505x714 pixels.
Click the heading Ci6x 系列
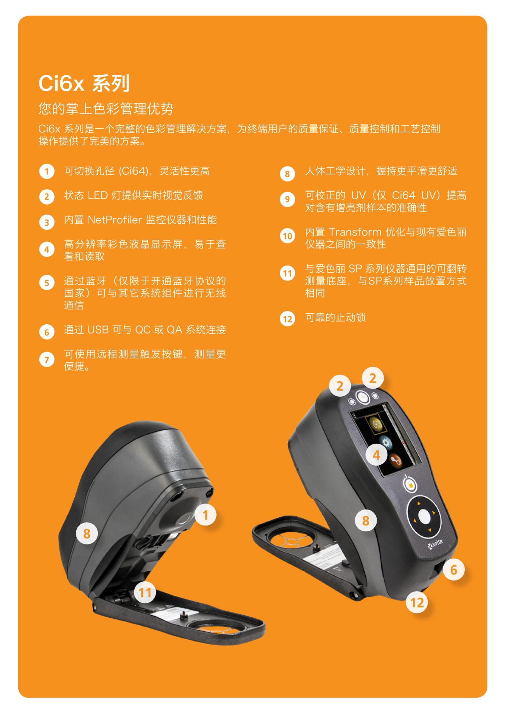(x=84, y=83)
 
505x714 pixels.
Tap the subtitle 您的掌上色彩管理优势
(x=106, y=109)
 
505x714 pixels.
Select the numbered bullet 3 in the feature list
(x=47, y=222)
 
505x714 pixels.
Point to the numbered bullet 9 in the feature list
(x=287, y=199)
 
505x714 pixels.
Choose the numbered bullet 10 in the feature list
(x=287, y=236)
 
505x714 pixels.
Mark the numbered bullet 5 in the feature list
(x=47, y=283)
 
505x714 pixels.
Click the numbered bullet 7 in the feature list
(x=47, y=360)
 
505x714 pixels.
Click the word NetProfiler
(x=115, y=220)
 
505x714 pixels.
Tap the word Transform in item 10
(x=355, y=232)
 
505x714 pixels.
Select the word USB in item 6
(x=98, y=330)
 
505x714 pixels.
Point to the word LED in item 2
(x=98, y=195)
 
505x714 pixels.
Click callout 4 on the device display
(x=376, y=455)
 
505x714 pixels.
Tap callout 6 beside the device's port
(x=453, y=569)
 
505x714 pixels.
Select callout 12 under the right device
(x=417, y=602)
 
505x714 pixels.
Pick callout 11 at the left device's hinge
(x=145, y=592)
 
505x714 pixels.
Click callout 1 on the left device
(x=205, y=515)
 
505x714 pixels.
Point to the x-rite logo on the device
(x=435, y=544)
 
